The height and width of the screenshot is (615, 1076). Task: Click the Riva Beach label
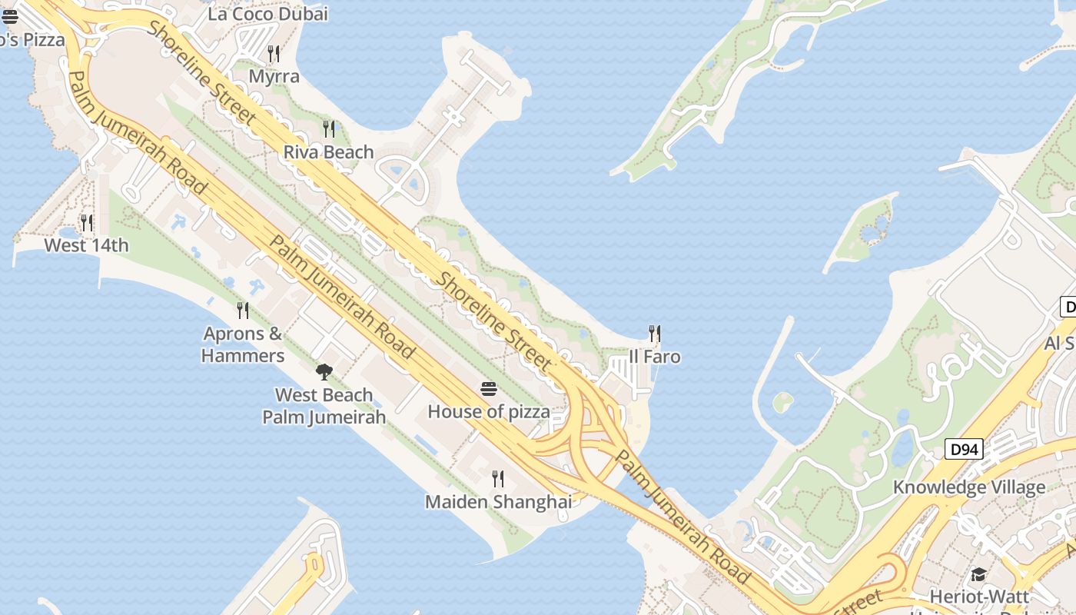point(328,152)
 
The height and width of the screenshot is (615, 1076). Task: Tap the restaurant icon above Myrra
point(273,53)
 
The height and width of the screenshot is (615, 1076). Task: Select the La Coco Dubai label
point(267,14)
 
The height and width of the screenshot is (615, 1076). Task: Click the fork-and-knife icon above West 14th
point(87,223)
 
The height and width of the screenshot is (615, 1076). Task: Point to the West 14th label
point(86,246)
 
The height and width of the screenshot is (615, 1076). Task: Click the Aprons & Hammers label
point(243,344)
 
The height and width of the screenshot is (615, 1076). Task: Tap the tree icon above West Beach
point(324,372)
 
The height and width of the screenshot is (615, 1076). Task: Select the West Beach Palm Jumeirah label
point(324,406)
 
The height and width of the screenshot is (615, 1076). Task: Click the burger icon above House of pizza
point(489,389)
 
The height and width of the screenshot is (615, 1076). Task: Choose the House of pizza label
point(489,412)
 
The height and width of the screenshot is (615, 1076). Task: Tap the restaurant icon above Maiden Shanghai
point(498,479)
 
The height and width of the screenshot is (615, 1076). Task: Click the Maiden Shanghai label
point(498,502)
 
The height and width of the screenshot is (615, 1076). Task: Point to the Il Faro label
point(655,357)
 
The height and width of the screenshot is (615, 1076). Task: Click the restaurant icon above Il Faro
point(655,334)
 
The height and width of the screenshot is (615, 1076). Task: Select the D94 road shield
point(964,449)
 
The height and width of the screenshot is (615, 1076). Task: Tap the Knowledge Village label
point(968,487)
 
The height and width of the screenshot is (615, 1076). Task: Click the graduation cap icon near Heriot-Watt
point(978,575)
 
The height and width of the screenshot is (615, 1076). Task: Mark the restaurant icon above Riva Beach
point(329,128)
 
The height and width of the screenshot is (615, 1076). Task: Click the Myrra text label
point(274,77)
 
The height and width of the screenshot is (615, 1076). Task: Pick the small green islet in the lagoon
point(782,401)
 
